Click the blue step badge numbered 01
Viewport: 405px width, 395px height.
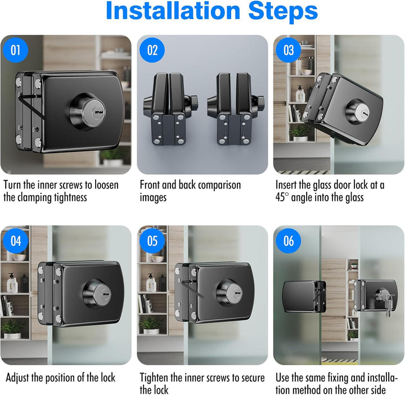(x=16, y=50)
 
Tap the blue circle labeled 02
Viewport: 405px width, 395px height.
(x=152, y=50)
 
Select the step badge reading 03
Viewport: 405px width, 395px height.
(x=289, y=50)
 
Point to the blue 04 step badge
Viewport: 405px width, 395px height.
(x=16, y=241)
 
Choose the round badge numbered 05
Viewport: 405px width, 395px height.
(x=152, y=241)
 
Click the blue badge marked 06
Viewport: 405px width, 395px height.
(x=289, y=241)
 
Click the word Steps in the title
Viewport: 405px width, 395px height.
(x=283, y=11)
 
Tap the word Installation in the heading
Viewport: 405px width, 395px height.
(x=173, y=11)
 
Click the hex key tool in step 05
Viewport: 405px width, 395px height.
(x=192, y=289)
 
